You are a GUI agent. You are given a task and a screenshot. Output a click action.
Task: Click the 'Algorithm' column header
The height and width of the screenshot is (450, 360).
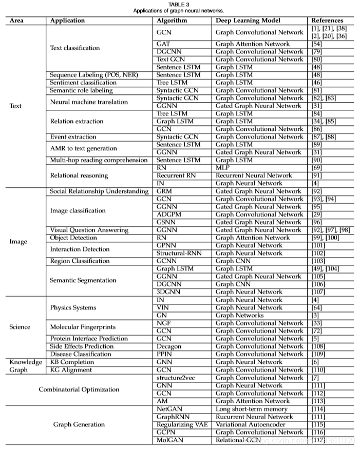pos(172,21)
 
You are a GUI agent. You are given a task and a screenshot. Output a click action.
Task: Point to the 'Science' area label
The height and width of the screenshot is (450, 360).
pos(20,327)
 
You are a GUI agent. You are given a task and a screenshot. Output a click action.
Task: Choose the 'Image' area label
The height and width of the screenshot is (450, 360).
pos(18,242)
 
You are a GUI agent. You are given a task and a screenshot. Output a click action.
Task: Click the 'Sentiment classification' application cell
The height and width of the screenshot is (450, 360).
pos(83,83)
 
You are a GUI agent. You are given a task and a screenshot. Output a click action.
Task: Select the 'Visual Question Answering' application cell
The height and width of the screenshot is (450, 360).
pos(89,230)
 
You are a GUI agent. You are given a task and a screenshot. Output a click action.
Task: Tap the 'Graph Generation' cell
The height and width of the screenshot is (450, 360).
pos(79,424)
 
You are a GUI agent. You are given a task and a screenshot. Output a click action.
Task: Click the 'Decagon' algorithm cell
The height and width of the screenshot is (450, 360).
pos(169,346)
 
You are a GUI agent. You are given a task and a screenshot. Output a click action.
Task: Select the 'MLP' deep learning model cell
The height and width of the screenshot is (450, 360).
pos(223,168)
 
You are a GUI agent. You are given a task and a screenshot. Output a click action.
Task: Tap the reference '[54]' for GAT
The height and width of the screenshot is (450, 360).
pos(317,44)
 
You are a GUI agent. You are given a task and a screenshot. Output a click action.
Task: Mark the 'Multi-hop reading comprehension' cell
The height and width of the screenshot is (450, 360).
pos(99,160)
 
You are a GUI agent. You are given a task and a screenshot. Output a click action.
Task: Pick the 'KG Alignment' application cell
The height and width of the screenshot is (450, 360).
pos(71,370)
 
